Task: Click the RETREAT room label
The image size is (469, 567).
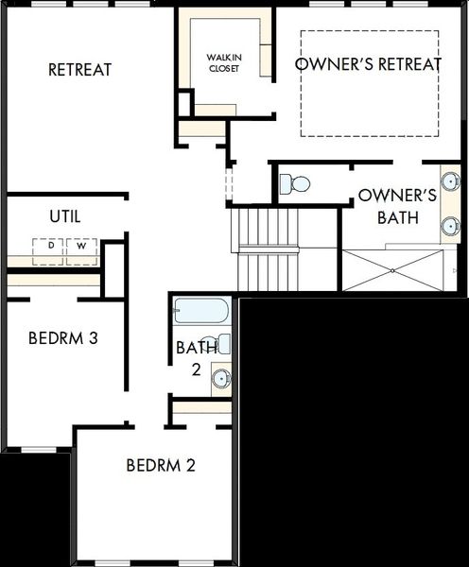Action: (x=80, y=70)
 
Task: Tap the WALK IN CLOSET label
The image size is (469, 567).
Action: (x=224, y=63)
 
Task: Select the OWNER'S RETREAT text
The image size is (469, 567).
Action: (x=368, y=64)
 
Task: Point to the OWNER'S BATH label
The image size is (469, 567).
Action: (x=398, y=206)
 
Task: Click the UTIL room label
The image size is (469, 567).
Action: (x=65, y=216)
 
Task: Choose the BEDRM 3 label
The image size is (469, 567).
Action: (x=63, y=338)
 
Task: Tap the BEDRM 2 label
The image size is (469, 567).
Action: (x=161, y=465)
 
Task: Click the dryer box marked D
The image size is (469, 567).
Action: (x=48, y=251)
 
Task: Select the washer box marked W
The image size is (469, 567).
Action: (x=81, y=251)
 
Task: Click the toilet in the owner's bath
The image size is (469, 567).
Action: (x=295, y=183)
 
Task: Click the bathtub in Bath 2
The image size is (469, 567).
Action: (x=201, y=311)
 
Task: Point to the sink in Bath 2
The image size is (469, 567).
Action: (x=221, y=378)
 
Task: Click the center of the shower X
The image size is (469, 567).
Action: (x=392, y=270)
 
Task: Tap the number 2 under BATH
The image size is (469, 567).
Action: (x=196, y=369)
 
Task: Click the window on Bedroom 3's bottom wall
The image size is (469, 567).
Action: (x=39, y=450)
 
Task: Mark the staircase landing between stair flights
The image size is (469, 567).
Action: (x=269, y=249)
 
